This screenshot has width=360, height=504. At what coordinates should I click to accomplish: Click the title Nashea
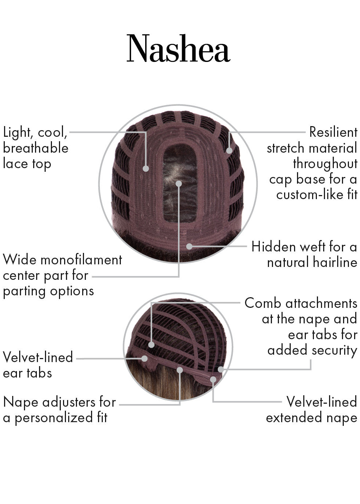178,48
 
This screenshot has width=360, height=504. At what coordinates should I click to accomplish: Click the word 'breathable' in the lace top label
36,148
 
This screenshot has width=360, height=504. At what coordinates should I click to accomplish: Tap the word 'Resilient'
333,132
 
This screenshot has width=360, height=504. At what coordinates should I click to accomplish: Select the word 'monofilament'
81,260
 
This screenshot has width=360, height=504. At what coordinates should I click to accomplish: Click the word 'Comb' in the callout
263,303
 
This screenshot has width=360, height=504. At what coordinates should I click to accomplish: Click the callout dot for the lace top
146,168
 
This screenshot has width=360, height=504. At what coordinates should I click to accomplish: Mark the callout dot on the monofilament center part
179,184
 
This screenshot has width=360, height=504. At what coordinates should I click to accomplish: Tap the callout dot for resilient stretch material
229,150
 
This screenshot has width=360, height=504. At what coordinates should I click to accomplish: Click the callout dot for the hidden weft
189,246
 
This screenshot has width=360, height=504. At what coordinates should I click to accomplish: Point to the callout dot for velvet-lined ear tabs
144,359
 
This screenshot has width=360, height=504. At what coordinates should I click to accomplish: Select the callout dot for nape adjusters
180,370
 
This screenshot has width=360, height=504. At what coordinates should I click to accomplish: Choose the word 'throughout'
325,164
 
